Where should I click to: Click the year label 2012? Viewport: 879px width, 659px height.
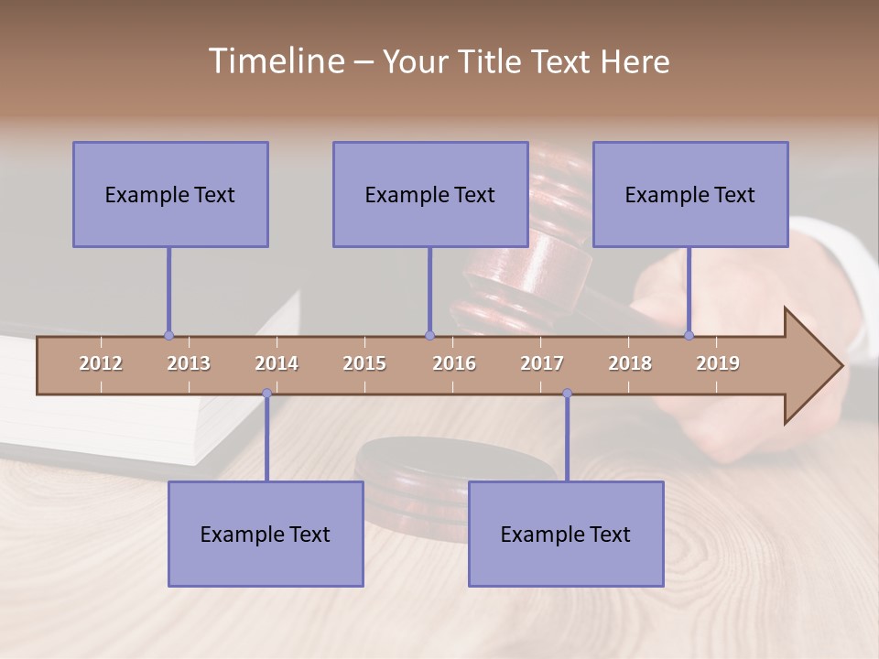tap(101, 363)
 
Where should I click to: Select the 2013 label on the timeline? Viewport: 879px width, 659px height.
tap(189, 363)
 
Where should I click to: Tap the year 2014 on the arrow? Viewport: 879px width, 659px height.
tap(277, 363)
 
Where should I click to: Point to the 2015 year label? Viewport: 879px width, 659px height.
tap(364, 363)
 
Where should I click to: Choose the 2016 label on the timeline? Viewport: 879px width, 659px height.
tap(454, 363)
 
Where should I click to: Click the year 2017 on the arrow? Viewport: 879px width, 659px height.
tap(542, 363)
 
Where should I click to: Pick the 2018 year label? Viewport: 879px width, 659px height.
tap(630, 363)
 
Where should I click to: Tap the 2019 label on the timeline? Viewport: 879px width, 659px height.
tap(718, 363)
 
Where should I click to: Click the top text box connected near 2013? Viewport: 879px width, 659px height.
tap(170, 194)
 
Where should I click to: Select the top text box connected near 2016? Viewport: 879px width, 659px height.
tap(430, 194)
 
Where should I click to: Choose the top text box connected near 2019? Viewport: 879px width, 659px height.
tap(690, 194)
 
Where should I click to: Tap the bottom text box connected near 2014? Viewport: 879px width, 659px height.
tap(266, 534)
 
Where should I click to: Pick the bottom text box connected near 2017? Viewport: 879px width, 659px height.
tap(566, 534)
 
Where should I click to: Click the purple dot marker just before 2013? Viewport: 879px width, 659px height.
tap(168, 336)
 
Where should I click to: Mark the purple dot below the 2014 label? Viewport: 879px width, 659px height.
tap(266, 394)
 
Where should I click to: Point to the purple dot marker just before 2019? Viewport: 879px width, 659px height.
tap(689, 336)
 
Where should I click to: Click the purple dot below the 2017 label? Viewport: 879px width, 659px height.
tap(567, 394)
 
